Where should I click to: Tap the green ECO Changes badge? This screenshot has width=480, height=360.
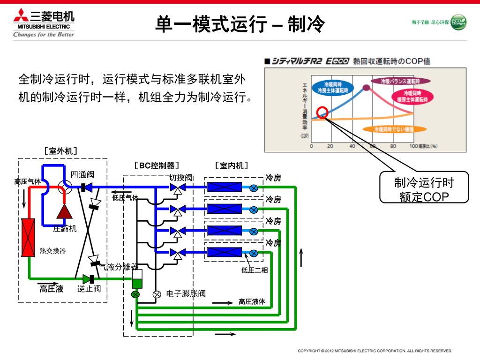(x=458, y=22)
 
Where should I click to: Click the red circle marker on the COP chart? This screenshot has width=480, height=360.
(x=322, y=112)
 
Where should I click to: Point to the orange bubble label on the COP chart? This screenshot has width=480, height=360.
(x=400, y=129)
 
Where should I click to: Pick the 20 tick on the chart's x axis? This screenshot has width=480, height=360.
(x=330, y=146)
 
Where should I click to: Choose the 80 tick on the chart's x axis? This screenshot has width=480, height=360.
(x=393, y=146)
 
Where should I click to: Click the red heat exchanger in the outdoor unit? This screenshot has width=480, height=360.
(x=29, y=238)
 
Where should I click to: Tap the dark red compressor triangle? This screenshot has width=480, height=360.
(x=64, y=212)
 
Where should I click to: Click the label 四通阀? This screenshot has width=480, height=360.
(x=82, y=175)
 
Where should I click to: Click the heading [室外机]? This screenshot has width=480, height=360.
(x=61, y=151)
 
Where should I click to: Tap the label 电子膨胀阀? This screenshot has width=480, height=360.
(x=186, y=294)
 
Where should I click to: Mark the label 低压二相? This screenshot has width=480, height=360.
(x=255, y=270)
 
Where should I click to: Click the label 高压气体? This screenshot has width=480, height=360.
(x=27, y=181)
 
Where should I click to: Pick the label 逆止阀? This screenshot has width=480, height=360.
(x=89, y=288)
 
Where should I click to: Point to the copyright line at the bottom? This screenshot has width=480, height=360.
(x=375, y=351)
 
